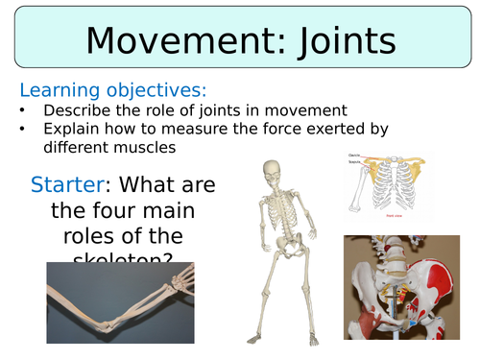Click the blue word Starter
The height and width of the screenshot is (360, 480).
pos(66,183)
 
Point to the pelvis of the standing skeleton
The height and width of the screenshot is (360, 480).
pos(279,252)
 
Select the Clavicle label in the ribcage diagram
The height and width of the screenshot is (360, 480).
pos(353,155)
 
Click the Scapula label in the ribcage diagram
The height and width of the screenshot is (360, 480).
pos(353,160)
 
